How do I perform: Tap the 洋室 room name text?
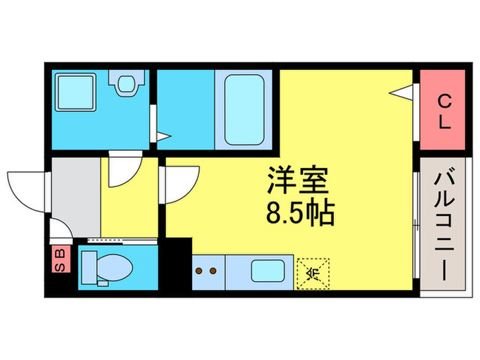point(298,182)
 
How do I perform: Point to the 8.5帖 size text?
point(299,214)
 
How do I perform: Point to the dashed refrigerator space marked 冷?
point(313,274)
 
